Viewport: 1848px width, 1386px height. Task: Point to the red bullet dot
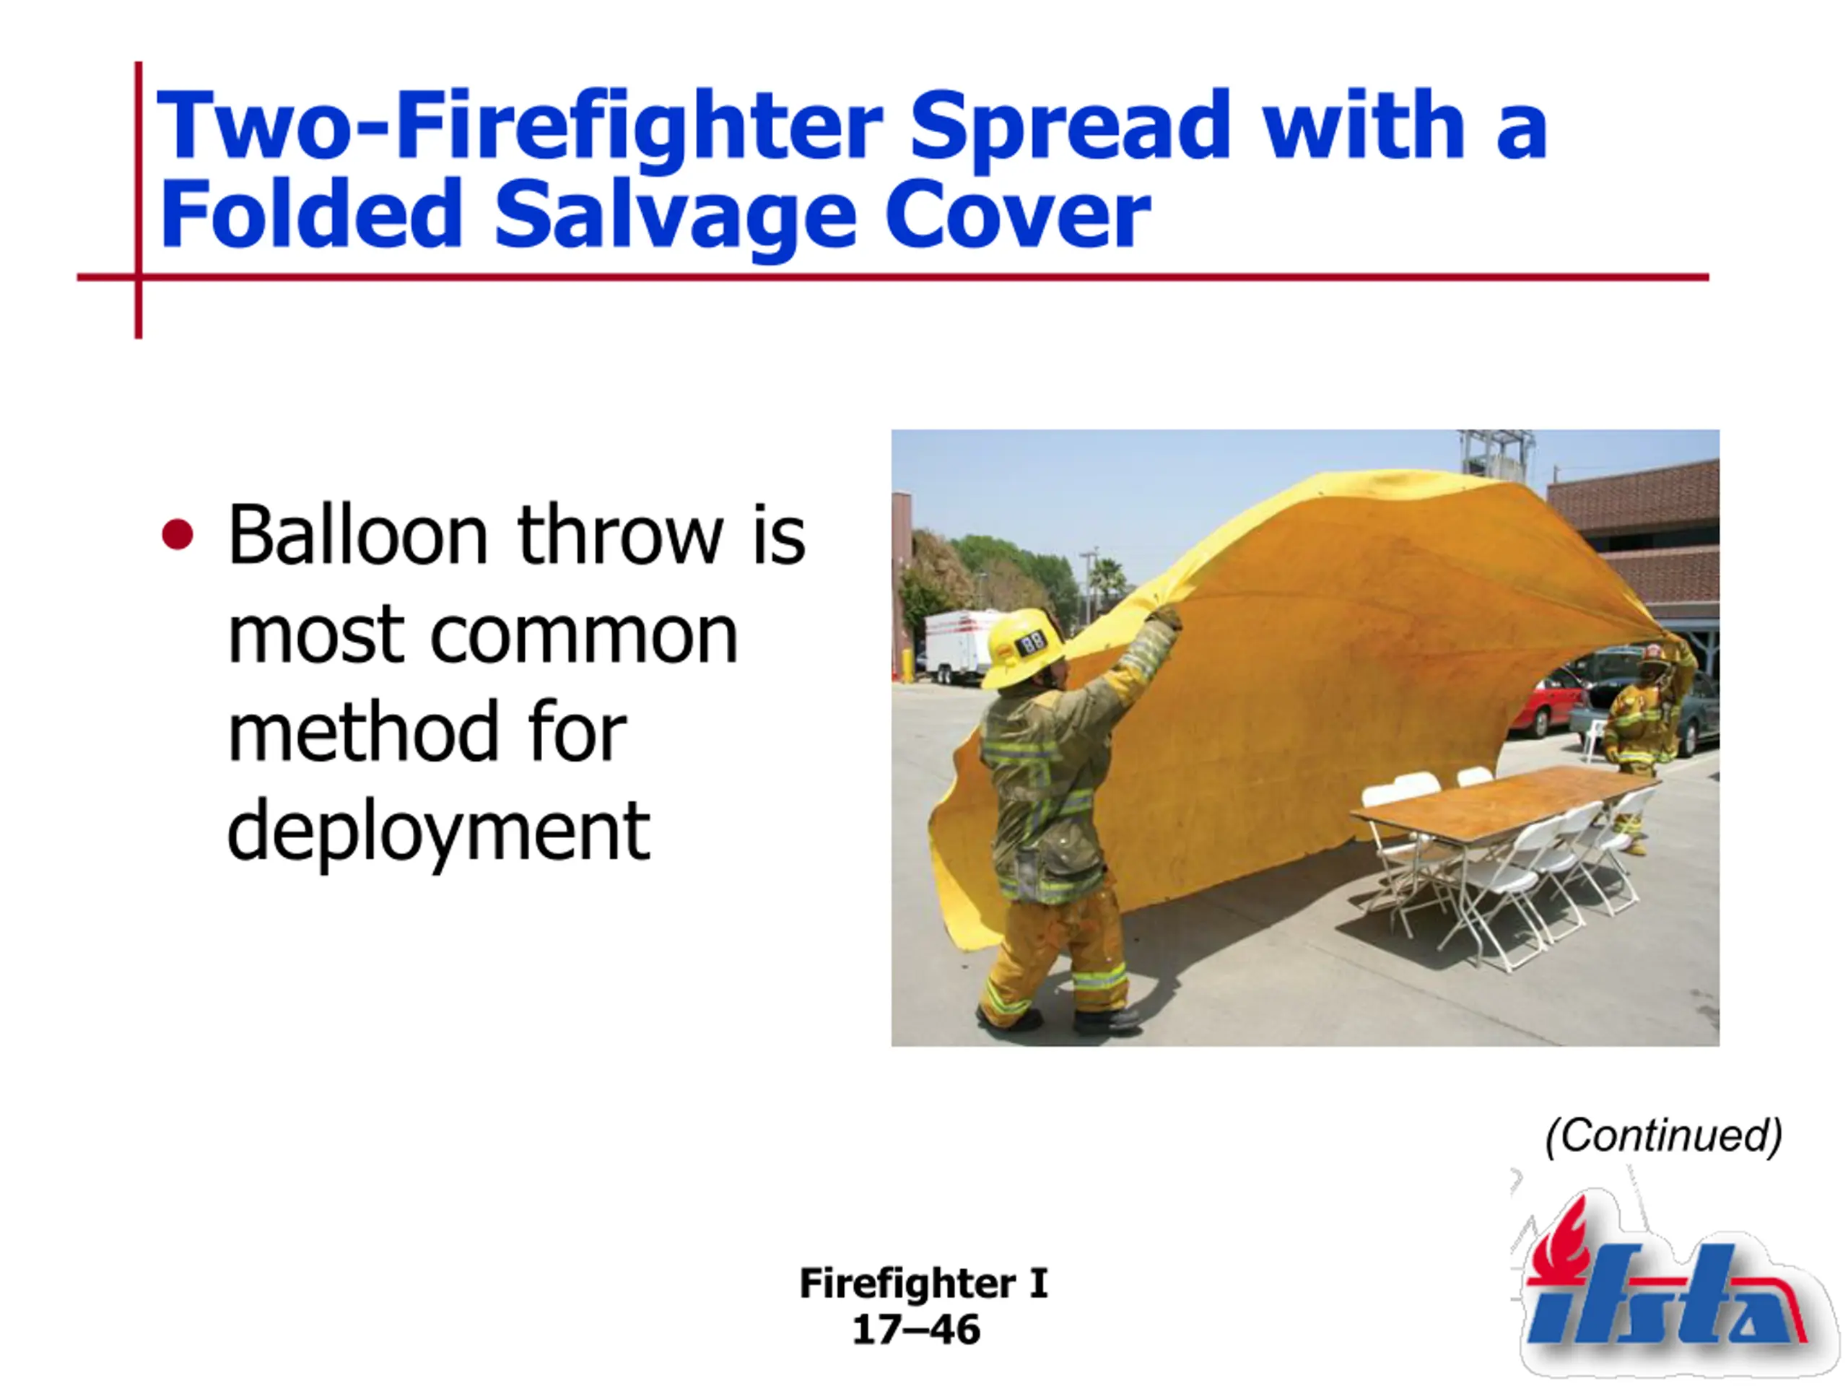tap(177, 535)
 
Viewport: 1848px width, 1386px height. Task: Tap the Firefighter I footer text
tap(923, 1283)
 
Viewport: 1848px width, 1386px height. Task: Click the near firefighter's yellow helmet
tap(1024, 648)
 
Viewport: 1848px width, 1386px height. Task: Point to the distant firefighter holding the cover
tap(1642, 735)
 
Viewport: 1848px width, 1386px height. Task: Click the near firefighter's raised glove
tap(1163, 619)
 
